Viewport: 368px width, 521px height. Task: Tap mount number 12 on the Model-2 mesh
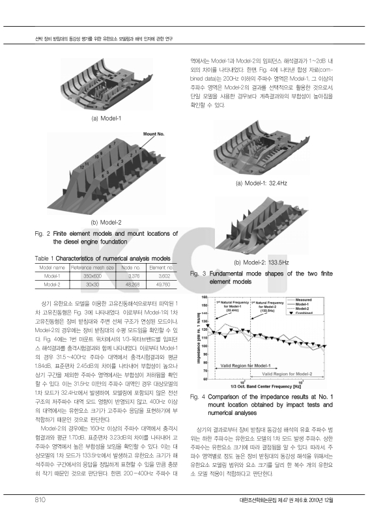[x=81, y=167]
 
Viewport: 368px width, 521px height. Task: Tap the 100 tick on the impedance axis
[x=205, y=346]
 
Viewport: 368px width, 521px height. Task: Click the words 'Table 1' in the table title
[x=45, y=259]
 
